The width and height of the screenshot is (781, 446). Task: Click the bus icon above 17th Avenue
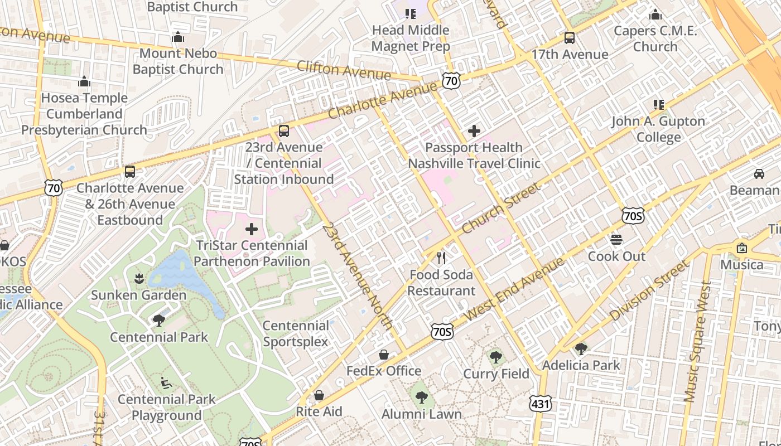[569, 38]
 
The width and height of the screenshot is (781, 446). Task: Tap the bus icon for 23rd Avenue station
[284, 131]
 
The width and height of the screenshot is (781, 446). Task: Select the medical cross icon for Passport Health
[474, 132]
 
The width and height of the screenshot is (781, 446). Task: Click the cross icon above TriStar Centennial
[252, 229]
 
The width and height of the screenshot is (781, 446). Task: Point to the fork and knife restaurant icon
[441, 258]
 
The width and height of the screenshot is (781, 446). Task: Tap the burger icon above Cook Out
[616, 240]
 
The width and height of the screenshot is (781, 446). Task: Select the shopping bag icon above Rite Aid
[319, 395]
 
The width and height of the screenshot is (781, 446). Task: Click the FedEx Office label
[384, 371]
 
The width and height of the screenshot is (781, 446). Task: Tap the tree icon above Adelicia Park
[581, 349]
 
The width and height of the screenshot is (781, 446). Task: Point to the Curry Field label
[496, 374]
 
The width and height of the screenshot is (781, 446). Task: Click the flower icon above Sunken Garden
[139, 278]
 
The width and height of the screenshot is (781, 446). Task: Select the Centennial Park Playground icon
[166, 383]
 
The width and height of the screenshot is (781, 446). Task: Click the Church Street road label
[500, 209]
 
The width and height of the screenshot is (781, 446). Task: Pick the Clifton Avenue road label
[344, 70]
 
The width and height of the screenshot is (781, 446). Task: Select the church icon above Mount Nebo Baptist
[178, 37]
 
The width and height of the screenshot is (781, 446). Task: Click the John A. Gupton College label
[658, 129]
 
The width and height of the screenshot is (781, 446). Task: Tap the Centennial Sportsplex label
[296, 333]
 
